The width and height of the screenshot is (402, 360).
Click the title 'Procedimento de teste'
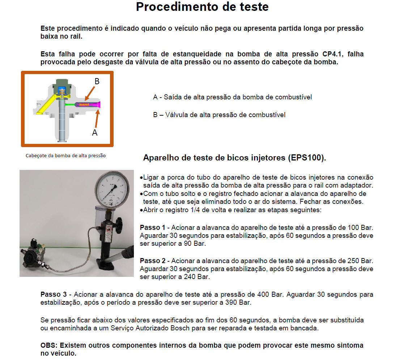click(x=202, y=7)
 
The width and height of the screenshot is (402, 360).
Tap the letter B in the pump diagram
click(x=97, y=81)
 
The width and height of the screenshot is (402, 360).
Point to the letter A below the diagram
click(x=94, y=133)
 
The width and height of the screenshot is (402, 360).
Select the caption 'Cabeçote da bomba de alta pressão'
click(x=66, y=156)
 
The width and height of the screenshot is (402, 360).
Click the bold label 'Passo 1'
click(x=152, y=228)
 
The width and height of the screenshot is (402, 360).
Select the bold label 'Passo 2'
click(x=152, y=261)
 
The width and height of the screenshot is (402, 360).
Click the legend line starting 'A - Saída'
click(x=232, y=97)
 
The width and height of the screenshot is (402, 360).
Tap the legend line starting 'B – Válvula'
click(x=219, y=115)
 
